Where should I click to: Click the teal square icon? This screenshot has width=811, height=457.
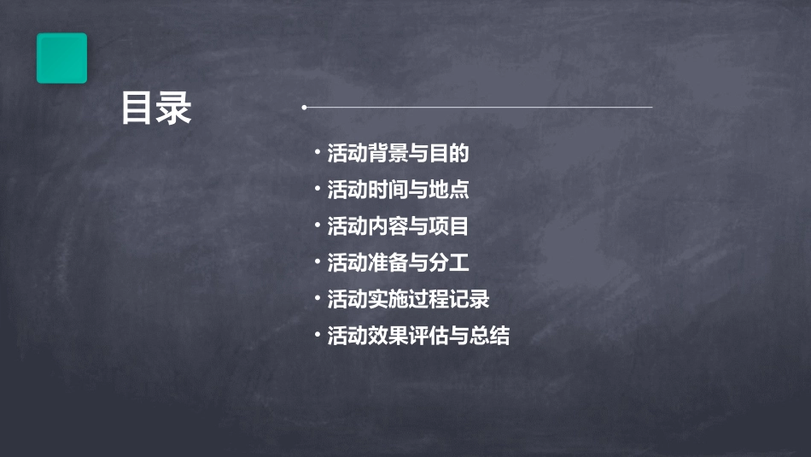tap(61, 58)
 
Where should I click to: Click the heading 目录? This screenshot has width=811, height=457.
tap(156, 108)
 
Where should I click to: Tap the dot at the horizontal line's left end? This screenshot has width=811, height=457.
tap(304, 108)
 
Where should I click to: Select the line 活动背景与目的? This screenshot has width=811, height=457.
tap(398, 154)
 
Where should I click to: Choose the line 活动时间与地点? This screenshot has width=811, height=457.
tap(398, 190)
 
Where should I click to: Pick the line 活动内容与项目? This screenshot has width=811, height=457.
tap(398, 226)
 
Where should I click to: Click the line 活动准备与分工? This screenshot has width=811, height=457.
tap(398, 263)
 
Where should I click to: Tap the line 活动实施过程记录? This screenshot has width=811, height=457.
tap(408, 299)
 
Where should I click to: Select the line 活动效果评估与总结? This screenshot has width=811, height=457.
tap(418, 336)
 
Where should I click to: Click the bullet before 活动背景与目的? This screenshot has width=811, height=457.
tap(318, 153)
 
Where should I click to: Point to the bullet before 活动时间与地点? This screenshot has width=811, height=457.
tap(318, 189)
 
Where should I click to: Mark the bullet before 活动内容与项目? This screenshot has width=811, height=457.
tap(318, 226)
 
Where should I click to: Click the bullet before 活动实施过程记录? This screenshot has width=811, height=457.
tap(318, 298)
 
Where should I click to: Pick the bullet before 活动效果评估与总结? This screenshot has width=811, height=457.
tap(318, 335)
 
